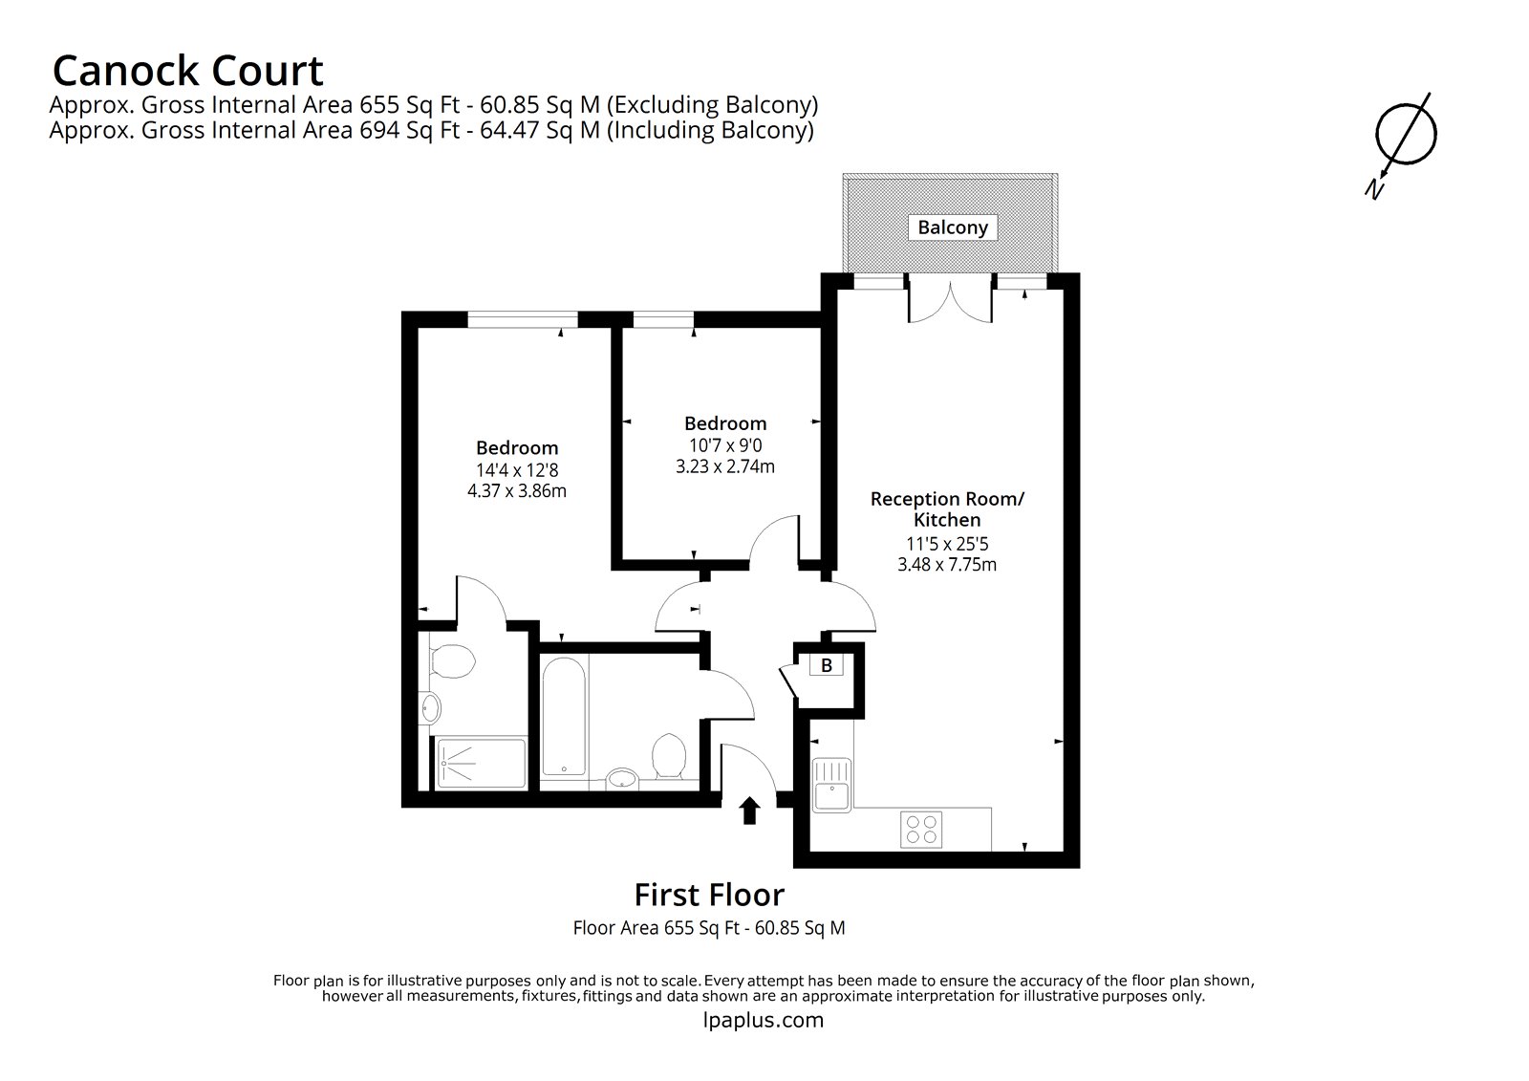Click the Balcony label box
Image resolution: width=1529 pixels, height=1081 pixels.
pos(952,227)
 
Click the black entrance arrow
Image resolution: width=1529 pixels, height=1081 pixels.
pos(750,811)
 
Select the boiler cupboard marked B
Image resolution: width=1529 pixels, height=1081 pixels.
pos(827,665)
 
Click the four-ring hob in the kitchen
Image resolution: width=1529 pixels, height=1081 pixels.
pos(922,829)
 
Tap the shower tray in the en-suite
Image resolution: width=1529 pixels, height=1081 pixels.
pos(482,763)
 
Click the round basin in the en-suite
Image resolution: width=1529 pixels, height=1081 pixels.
pos(431,708)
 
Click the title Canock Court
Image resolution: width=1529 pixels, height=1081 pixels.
pos(187,71)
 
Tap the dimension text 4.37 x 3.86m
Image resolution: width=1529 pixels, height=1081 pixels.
pos(517,491)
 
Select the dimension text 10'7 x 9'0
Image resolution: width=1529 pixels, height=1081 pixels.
pos(725,445)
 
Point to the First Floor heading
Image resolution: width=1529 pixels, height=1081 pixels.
pos(709,895)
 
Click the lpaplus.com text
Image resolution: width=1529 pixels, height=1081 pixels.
pos(763,1020)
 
